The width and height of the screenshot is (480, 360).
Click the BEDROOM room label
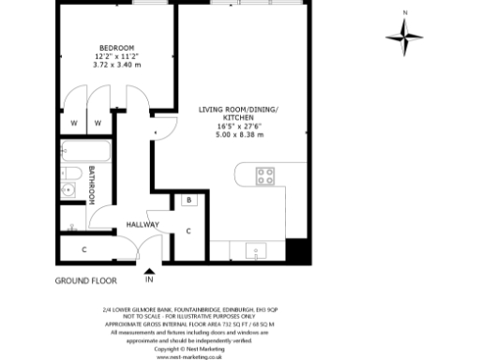(x=117, y=48)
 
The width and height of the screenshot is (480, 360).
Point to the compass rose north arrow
(x=404, y=36)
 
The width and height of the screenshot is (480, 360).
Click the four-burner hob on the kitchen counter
(x=266, y=174)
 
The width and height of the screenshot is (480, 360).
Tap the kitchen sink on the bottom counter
(x=252, y=250)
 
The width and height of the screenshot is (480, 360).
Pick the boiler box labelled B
(x=188, y=200)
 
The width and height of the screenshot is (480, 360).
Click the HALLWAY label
(x=142, y=225)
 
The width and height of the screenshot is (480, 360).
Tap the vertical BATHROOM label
(x=93, y=186)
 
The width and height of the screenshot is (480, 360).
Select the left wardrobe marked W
(x=73, y=123)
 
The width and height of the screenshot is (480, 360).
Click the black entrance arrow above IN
(x=149, y=270)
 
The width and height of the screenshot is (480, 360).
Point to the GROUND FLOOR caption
(x=85, y=280)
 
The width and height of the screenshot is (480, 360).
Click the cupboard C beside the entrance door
(x=84, y=249)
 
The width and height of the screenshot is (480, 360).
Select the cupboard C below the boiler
(x=188, y=232)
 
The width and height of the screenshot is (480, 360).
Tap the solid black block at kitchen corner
(x=297, y=251)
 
